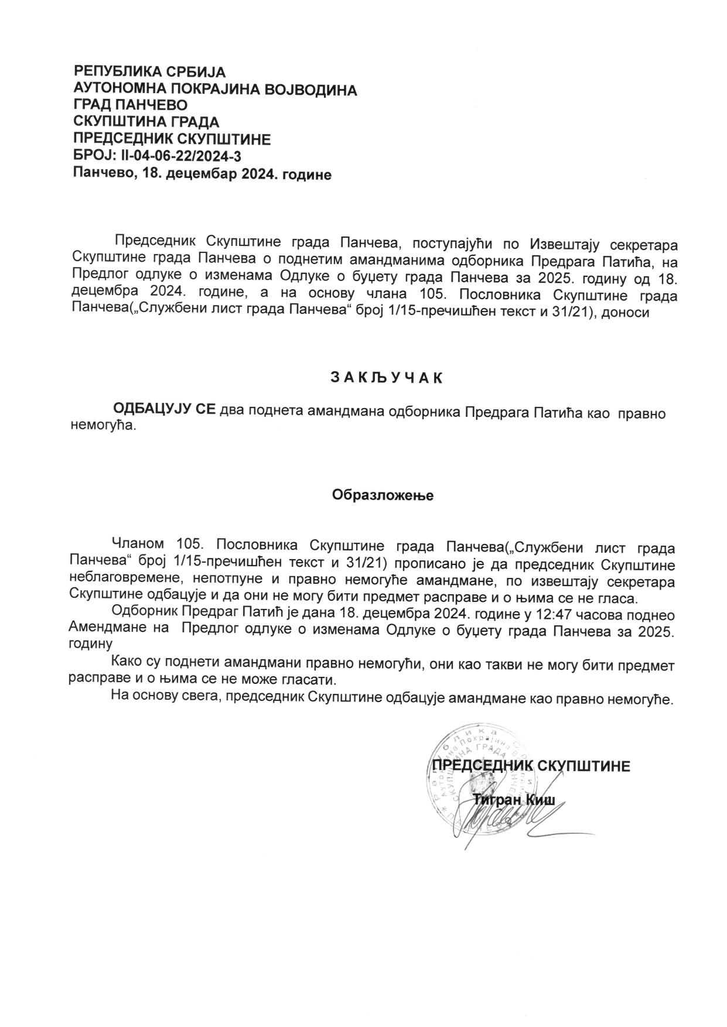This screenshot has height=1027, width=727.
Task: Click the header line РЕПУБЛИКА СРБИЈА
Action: [149, 72]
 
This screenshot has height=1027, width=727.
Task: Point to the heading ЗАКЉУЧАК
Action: [387, 378]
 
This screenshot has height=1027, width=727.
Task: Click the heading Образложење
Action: [383, 495]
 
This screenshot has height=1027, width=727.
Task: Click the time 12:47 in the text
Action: [550, 615]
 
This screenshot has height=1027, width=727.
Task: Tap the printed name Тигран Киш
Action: [514, 801]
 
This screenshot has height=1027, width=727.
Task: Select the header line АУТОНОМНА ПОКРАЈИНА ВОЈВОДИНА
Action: [215, 90]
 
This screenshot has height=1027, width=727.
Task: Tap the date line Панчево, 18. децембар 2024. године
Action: [203, 174]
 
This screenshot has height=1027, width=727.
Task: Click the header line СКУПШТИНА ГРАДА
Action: [146, 122]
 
